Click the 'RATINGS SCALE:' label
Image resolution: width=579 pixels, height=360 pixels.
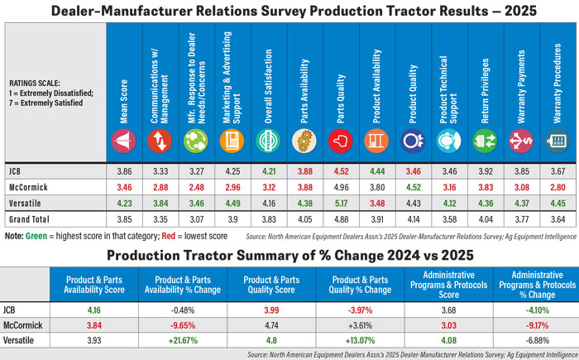tap(31, 84)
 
